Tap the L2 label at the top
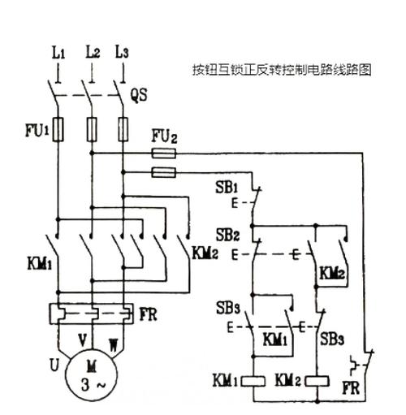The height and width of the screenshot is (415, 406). pos(92,54)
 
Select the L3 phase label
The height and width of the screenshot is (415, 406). pos(123,54)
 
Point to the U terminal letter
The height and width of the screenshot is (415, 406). pos(54,365)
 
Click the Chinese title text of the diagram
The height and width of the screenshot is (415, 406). pos(281,71)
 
